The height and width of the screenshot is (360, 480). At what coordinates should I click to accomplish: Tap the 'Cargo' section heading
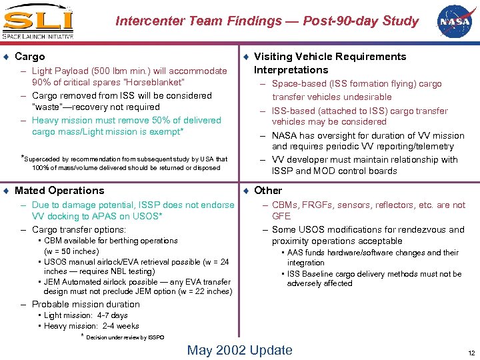[x=30, y=57]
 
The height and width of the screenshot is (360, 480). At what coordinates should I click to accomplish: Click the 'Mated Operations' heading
[x=59, y=191]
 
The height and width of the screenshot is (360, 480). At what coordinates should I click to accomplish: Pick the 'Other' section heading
[x=268, y=191]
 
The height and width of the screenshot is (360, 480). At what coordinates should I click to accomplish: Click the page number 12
[x=471, y=352]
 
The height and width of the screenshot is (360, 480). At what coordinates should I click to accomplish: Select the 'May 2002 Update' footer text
[x=239, y=350]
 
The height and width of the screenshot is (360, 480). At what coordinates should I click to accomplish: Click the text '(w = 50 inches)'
[x=71, y=251]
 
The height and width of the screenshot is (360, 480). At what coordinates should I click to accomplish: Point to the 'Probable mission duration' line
[x=85, y=304]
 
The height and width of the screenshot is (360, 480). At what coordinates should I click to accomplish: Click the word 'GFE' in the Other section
[x=281, y=217]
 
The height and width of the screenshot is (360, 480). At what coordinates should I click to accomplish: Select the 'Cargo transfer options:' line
[x=79, y=229]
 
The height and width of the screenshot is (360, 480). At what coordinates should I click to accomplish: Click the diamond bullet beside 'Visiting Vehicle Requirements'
[x=246, y=57]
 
